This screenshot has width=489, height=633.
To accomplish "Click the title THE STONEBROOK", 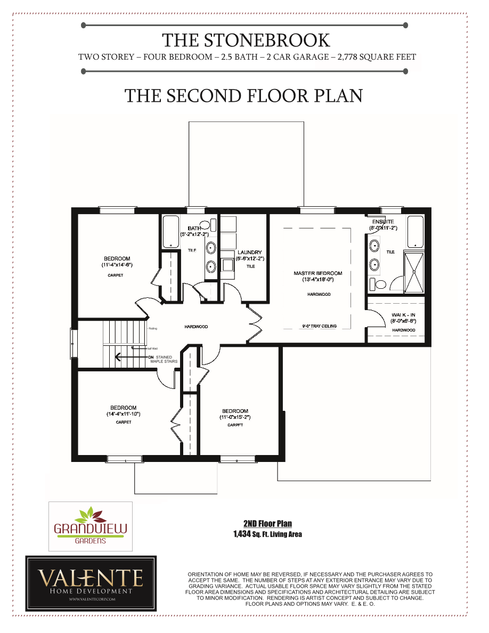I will pos(246,40).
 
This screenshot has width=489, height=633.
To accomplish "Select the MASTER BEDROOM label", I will pos(318,273).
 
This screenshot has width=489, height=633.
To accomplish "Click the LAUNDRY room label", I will pos(249,253).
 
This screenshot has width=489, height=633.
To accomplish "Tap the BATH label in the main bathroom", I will pos(194,228).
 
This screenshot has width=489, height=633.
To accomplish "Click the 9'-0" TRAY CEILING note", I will pos(319,326).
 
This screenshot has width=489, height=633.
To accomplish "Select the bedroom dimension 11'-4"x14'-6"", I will pos(117,265).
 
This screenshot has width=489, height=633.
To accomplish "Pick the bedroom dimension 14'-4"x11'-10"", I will pos(123,413).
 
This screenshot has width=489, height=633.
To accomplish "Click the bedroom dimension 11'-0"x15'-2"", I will pos(235,417).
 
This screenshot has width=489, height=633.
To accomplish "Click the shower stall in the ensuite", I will pos(414,272).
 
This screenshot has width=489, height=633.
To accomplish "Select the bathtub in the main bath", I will pos(170,232).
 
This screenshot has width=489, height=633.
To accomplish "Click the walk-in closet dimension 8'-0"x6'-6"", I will pos(404,321).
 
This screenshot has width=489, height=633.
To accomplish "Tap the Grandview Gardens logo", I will pos(91,526).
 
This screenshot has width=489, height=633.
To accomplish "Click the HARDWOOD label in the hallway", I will pos(196,327).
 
